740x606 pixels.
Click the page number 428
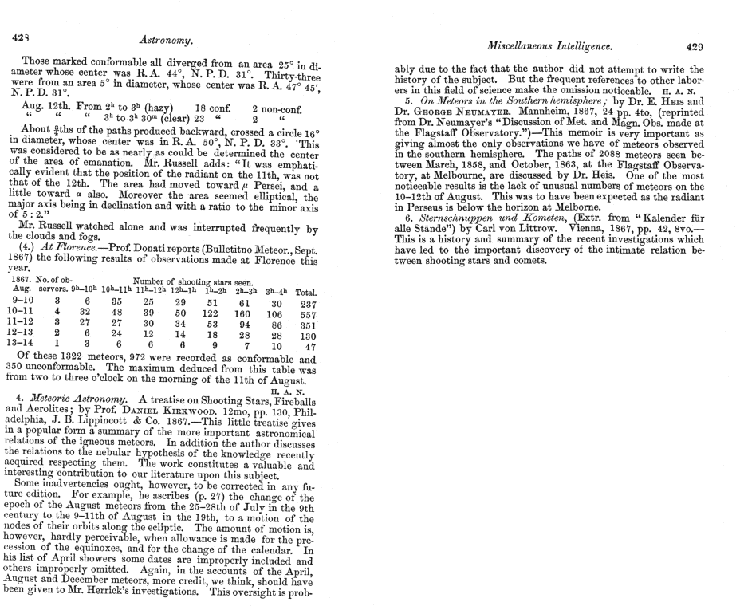pos(18,37)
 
